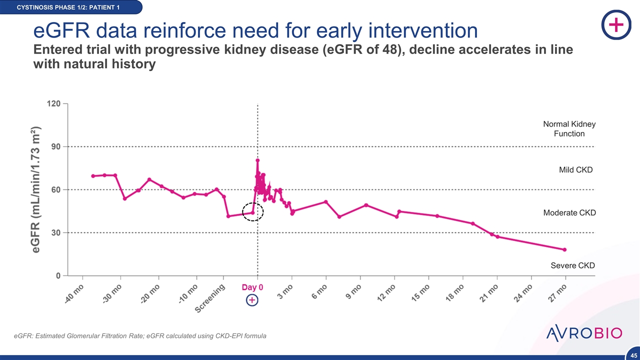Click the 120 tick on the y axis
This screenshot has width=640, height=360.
tap(53, 103)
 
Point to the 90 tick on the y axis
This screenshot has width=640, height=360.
tap(55, 146)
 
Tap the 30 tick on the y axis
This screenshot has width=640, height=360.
tap(55, 232)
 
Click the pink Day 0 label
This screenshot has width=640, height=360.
tap(252, 287)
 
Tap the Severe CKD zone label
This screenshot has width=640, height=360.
tap(572, 265)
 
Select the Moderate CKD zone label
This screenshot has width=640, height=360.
tap(569, 213)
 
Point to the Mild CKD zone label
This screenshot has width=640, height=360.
tap(575, 170)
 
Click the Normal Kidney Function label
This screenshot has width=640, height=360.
tap(569, 128)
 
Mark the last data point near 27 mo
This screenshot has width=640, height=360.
tap(564, 249)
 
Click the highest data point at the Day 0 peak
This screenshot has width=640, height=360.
tap(257, 160)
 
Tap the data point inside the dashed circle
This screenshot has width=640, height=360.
tap(252, 212)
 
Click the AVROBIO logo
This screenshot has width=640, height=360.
tap(583, 333)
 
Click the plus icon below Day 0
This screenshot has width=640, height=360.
tap(252, 300)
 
